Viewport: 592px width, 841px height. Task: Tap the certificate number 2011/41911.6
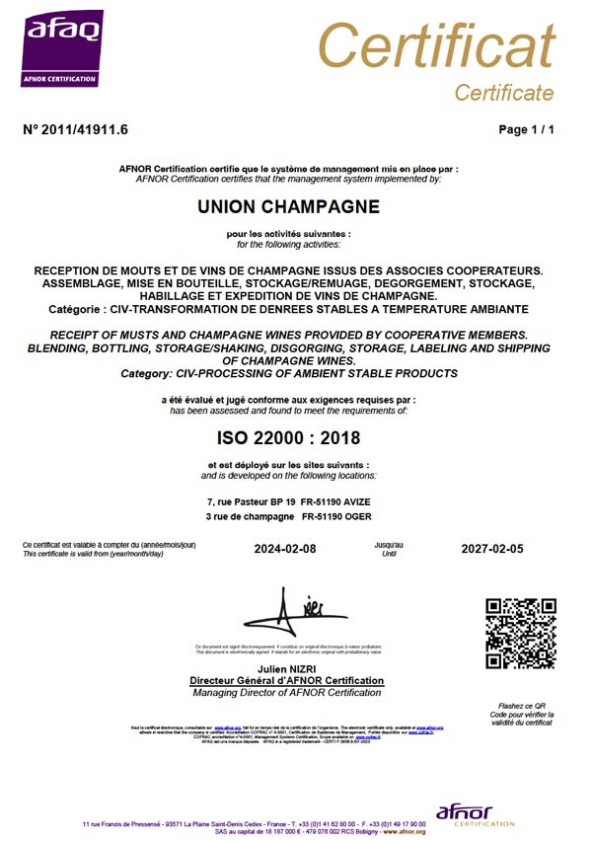[75, 129]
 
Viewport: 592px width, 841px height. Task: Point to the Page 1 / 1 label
[527, 129]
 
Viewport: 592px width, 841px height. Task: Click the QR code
[521, 633]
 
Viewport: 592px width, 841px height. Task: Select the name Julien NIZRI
[285, 669]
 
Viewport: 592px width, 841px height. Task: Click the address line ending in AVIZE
[288, 502]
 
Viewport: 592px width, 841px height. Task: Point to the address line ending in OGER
[288, 516]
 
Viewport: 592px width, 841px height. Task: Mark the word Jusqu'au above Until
[389, 544]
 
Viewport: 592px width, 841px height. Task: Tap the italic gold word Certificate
[503, 93]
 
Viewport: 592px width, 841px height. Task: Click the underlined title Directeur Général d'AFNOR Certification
[286, 681]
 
